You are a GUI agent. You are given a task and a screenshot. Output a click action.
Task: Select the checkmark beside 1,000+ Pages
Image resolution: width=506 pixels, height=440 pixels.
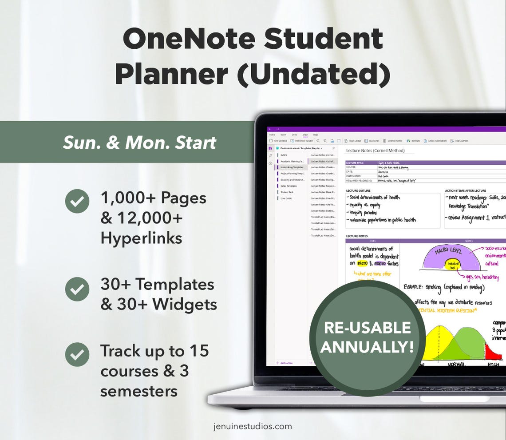tap(77, 201)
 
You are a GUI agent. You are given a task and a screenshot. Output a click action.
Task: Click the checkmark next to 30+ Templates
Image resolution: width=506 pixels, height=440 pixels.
tap(77, 289)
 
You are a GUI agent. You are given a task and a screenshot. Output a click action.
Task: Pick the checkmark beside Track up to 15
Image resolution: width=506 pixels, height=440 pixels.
tap(77, 354)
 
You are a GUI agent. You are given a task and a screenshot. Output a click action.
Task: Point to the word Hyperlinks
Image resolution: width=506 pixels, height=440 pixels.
tap(141, 238)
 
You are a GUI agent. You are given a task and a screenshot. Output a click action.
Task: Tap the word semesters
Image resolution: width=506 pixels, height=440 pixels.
tap(139, 391)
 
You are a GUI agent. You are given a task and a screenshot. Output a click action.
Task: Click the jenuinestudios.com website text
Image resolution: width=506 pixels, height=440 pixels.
tap(253, 426)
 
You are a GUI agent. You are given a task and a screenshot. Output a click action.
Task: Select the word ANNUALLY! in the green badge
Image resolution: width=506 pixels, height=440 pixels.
tap(367, 347)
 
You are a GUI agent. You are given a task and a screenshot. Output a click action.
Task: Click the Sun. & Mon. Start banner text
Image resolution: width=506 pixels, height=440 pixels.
tap(139, 143)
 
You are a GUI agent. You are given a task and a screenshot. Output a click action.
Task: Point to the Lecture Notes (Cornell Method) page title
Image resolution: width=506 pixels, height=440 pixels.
tap(375, 151)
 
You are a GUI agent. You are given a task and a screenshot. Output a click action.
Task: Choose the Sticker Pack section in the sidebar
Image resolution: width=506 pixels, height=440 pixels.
tap(287, 192)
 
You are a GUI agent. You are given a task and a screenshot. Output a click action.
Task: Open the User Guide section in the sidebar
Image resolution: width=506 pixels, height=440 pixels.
tap(286, 198)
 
